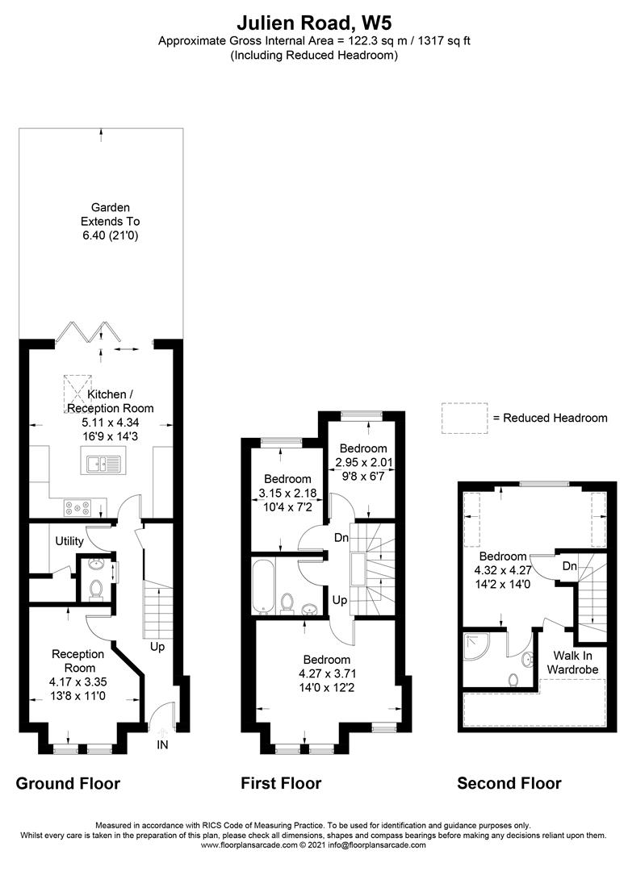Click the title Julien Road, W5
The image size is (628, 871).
[x=313, y=21]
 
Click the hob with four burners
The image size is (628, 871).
[x=77, y=508]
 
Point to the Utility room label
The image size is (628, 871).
[x=70, y=540]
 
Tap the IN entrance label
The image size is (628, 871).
[x=162, y=744]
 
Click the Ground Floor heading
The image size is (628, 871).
[x=68, y=783]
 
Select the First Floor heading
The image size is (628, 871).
[x=281, y=783]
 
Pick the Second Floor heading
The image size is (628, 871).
[x=509, y=783]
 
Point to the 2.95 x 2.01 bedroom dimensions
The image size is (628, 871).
[x=363, y=463]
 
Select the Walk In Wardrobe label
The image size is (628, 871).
[x=572, y=662]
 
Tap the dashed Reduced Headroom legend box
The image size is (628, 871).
[x=463, y=417]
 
